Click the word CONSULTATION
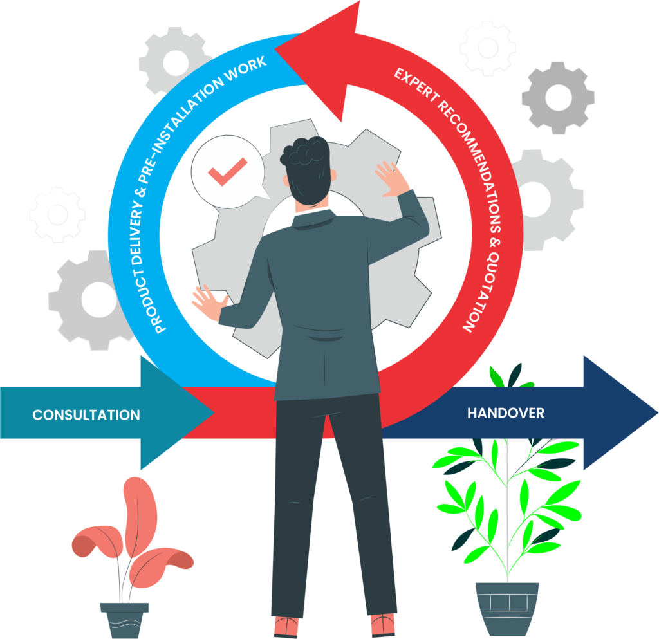click(86, 414)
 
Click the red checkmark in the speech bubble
click(227, 172)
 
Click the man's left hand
click(209, 301)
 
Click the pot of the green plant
click(506, 608)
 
